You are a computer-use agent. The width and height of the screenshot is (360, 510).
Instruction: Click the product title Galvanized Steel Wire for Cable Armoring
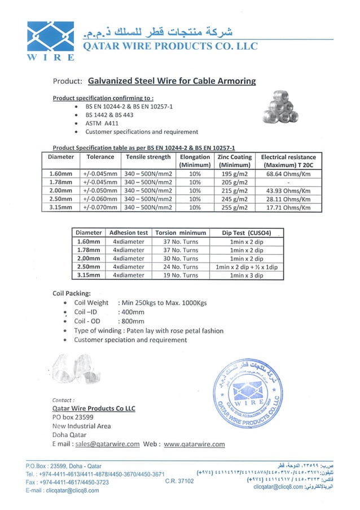(x=172, y=81)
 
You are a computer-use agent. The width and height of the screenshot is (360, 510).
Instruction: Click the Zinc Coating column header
(x=234, y=160)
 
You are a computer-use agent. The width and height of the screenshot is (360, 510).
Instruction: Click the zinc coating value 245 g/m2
(x=234, y=199)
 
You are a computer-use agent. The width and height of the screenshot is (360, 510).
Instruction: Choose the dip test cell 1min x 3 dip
(x=247, y=275)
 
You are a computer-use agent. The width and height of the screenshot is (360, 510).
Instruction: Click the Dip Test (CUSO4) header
(x=247, y=232)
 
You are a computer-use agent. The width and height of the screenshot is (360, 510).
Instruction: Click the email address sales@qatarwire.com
(x=107, y=444)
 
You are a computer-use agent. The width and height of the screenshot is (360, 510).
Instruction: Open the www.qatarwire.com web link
(x=194, y=444)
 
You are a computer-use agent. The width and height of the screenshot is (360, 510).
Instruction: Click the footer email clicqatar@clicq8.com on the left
(x=62, y=490)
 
